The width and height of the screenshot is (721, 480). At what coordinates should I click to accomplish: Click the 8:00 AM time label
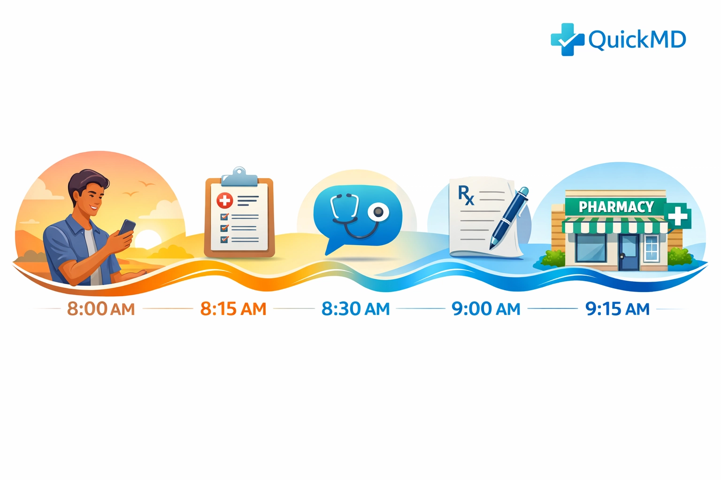(101, 309)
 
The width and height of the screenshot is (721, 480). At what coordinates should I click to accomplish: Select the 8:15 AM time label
(233, 309)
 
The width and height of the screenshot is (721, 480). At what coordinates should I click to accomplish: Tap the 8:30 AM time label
(355, 309)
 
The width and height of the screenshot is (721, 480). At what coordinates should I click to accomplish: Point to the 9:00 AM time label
(486, 309)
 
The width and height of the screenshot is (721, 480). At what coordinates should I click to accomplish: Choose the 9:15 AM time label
(617, 309)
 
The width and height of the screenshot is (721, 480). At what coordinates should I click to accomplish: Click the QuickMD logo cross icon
(567, 40)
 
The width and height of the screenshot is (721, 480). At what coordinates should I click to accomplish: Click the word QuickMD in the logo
(637, 40)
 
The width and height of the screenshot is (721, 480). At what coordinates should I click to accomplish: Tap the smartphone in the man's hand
(127, 228)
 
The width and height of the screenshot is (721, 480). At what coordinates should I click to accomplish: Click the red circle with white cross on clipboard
(224, 201)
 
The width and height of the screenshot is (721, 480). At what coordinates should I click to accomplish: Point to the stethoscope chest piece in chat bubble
(378, 213)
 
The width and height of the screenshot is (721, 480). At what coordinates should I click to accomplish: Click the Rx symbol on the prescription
(466, 195)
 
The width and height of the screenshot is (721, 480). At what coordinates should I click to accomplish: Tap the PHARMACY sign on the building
(616, 207)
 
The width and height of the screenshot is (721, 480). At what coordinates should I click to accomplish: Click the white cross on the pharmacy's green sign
(677, 216)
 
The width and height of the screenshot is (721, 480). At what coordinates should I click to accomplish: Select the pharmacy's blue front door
(629, 252)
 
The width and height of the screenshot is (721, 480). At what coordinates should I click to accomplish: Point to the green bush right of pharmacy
(679, 256)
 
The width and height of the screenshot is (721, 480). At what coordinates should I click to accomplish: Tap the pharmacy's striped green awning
(615, 226)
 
